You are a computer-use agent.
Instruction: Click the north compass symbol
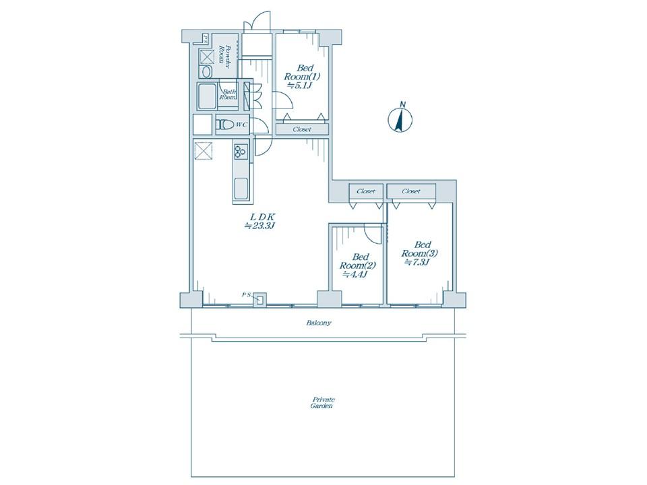tap(400, 118)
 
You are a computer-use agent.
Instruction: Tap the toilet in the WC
tap(225, 124)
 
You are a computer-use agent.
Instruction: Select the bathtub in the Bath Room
tap(207, 96)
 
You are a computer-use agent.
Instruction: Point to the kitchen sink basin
tap(241, 189)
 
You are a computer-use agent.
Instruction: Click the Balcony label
tap(319, 323)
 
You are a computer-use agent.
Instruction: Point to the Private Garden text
tap(323, 403)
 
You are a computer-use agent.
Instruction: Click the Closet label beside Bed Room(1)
tap(302, 129)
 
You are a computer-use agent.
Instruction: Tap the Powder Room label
tap(224, 54)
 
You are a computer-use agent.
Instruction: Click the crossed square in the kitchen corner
tap(203, 150)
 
